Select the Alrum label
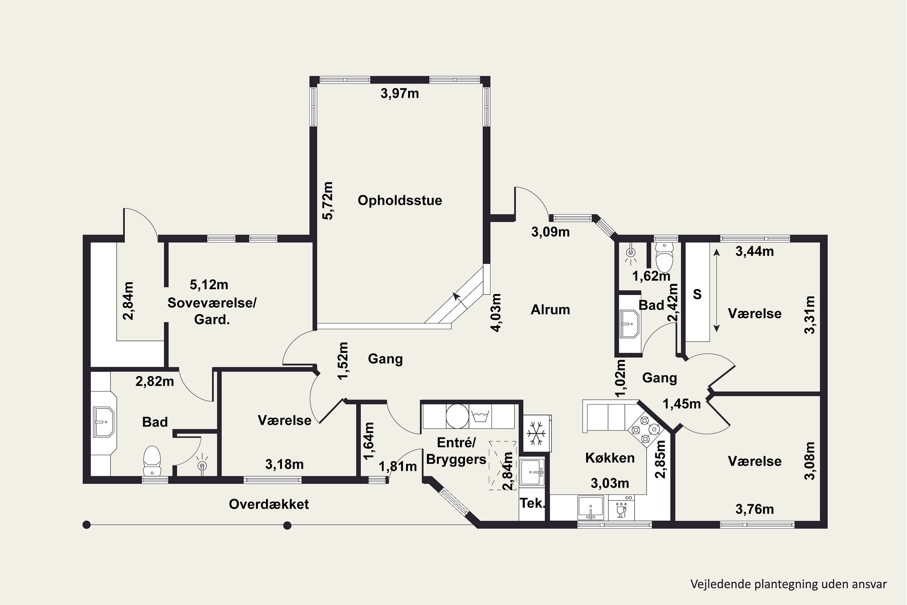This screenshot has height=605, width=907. tap(550, 310)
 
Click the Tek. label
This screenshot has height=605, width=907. tap(532, 503)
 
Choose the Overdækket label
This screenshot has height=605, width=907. tap(269, 504)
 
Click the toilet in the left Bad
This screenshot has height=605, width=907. tap(152, 461)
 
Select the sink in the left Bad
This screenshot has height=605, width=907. tap(104, 422)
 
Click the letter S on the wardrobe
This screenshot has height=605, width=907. tap(697, 294)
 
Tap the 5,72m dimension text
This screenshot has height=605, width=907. tap(328, 201)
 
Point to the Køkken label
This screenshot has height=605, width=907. tap(610, 458)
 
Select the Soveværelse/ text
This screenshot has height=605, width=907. tap(212, 303)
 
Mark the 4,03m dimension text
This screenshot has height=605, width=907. tap(496, 312)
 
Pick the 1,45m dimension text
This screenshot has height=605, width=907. tap(681, 404)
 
